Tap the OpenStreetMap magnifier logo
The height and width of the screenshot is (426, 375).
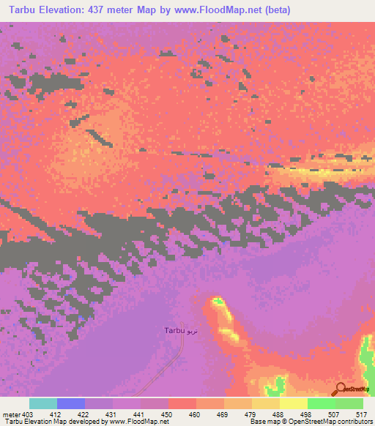(x=341, y=390)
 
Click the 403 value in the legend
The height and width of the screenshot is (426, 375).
(x=29, y=414)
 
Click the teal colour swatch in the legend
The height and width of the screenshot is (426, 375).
(x=43, y=403)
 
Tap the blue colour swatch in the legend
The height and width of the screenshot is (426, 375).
(x=71, y=403)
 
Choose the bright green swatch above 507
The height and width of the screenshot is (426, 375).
(x=322, y=403)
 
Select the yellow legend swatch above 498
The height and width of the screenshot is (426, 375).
(x=294, y=403)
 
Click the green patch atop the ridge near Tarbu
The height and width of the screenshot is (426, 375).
(x=216, y=301)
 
